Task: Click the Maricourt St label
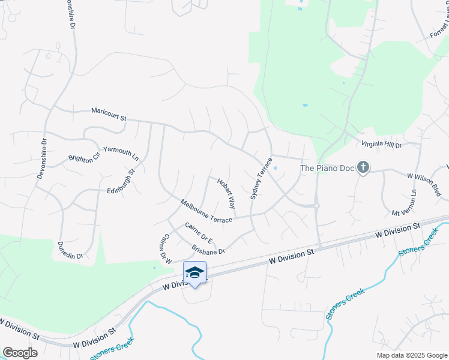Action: tap(109, 114)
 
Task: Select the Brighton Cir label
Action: tap(84, 159)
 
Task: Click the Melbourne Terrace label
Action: tap(206, 212)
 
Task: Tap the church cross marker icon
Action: tap(363, 167)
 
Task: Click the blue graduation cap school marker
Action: tap(194, 272)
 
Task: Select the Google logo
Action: tap(20, 352)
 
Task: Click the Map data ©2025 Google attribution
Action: tap(412, 355)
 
